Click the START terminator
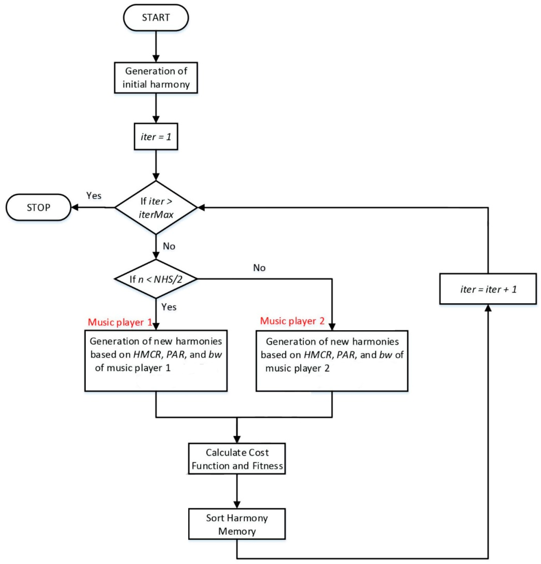click(156, 18)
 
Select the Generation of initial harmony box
click(156, 78)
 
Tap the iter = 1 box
click(156, 137)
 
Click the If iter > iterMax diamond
click(156, 207)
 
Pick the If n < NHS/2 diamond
click(156, 279)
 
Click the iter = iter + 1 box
click(488, 289)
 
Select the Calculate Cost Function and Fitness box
click(237, 459)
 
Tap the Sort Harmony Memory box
click(237, 524)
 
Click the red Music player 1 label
click(120, 322)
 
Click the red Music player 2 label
click(292, 321)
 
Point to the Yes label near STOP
click(94, 196)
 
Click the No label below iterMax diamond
click(169, 246)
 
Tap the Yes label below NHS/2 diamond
click(169, 307)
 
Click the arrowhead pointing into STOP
click(75, 207)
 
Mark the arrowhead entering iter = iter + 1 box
click(488, 308)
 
